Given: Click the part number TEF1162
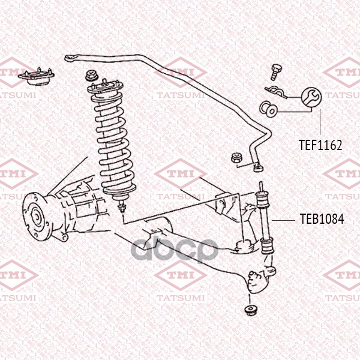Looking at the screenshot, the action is tap(320, 145).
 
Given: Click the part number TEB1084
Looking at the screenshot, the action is tap(322, 219).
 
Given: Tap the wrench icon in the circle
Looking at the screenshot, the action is tap(311, 97).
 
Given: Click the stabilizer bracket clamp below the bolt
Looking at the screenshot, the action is tap(276, 92).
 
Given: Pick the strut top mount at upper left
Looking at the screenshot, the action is tap(36, 77).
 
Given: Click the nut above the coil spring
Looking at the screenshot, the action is tap(92, 76).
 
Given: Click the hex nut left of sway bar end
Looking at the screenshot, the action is tap(237, 158).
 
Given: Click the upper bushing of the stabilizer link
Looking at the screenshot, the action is tap(262, 200).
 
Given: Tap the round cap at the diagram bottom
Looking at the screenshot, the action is tap(251, 311).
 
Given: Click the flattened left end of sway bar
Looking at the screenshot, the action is tap(71, 58).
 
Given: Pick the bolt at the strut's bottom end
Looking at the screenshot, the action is tap(122, 206).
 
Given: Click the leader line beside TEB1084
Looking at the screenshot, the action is tap(283, 220).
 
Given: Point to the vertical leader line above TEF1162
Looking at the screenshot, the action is tap(320, 122).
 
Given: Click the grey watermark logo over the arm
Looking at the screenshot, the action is tap(175, 250).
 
